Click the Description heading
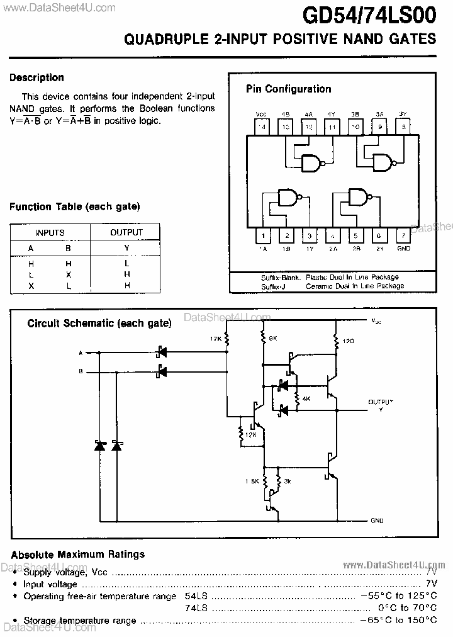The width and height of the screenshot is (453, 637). point(36,77)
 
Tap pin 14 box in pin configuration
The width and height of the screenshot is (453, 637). point(262,127)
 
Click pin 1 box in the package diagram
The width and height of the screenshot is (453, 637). point(262,236)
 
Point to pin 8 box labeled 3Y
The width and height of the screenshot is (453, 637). point(403,127)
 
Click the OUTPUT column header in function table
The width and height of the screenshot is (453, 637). point(126,232)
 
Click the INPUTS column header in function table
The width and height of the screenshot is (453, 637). point(50,232)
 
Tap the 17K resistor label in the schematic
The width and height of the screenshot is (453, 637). point(216,339)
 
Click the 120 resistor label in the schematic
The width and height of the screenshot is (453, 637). point(347,341)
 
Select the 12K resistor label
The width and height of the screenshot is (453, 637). point(250,434)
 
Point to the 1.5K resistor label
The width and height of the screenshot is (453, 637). point(252,481)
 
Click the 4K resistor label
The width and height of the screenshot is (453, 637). point(306,399)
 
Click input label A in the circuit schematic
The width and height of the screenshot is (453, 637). point(80,352)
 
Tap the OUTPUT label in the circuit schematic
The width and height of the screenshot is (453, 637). point(380,401)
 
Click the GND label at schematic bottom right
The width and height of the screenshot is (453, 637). point(376,521)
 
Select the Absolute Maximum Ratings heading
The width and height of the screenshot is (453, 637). point(78,555)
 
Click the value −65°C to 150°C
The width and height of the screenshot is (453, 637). point(398,620)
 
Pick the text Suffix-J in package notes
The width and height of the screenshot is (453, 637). point(274,285)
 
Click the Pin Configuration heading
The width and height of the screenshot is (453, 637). point(288,89)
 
